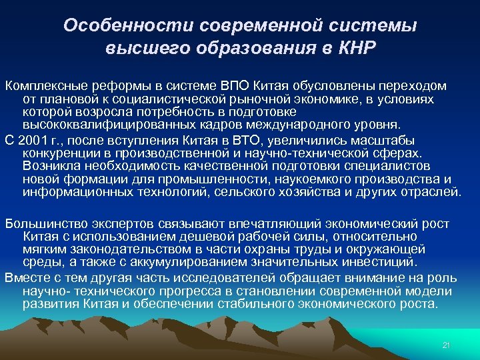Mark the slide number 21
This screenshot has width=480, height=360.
click(x=447, y=345)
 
